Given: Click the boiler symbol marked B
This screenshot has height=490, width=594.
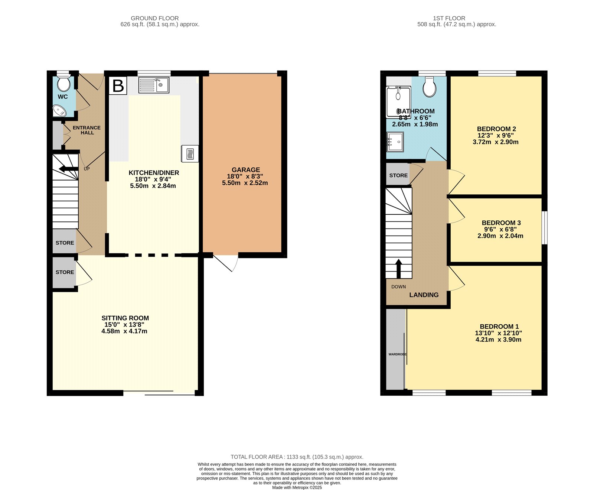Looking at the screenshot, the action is [118, 86].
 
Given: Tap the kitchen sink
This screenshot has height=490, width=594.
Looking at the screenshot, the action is [154, 85].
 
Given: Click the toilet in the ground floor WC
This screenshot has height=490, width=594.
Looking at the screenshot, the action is [64, 83].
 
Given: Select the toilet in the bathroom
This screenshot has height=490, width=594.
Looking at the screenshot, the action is [430, 87].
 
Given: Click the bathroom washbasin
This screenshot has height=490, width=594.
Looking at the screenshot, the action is [395, 142].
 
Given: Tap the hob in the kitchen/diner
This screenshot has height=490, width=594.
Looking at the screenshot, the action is [190, 153].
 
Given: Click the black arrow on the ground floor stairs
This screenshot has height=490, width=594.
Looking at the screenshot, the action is [69, 169].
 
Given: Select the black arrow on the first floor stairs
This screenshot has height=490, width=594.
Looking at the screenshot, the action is [399, 269].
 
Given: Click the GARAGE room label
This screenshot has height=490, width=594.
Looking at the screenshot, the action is [246, 170].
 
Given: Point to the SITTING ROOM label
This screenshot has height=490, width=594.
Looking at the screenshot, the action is [125, 318].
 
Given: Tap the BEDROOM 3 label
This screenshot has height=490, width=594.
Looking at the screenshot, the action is [501, 223].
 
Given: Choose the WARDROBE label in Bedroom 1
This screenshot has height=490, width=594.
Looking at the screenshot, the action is [398, 354].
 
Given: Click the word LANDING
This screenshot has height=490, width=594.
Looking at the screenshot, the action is [424, 295].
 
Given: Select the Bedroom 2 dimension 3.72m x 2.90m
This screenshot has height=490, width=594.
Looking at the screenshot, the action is [496, 142].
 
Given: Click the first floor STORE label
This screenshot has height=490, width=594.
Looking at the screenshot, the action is [398, 175].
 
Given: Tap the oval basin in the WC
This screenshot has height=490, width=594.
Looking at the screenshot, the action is [59, 110].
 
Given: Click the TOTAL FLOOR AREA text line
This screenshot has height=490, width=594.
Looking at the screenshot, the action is [297, 457].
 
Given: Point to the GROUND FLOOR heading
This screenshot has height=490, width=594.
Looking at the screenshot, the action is [155, 18].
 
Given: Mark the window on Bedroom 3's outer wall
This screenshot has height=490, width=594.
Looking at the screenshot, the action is [545, 228].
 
